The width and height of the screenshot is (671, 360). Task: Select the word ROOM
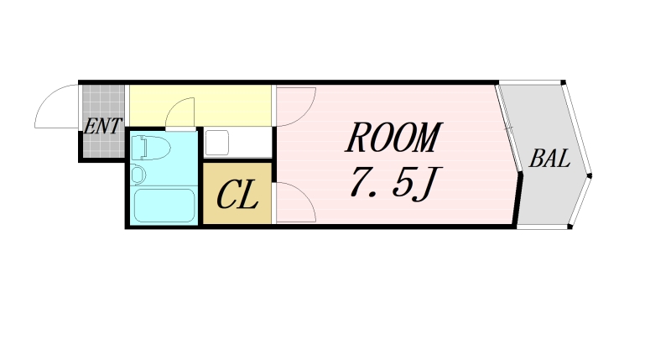[x=393, y=138]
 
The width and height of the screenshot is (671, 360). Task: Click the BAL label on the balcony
[x=550, y=159]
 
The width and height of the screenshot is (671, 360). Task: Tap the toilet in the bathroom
[x=151, y=148]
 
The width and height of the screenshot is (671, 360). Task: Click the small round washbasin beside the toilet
[x=139, y=175]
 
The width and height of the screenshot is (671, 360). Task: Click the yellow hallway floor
[x=226, y=105]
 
